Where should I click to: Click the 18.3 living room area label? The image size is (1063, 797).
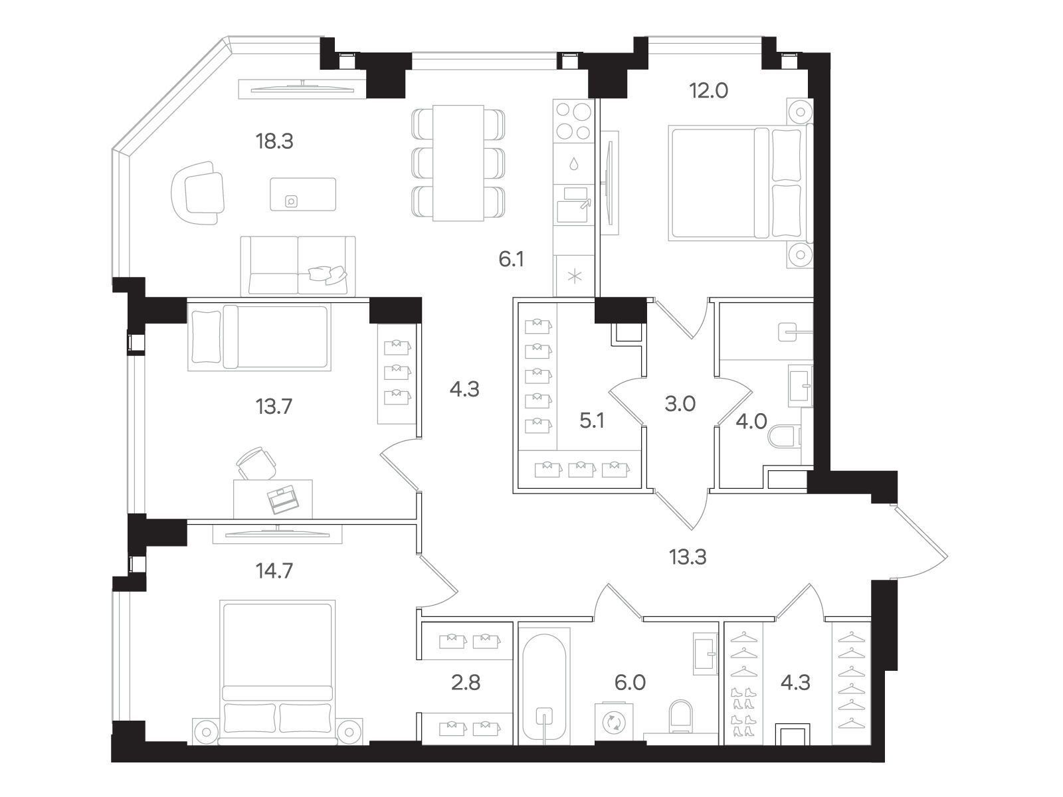point(274,141)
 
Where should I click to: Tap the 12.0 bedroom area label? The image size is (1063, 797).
point(708,90)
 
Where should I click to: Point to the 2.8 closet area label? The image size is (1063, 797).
point(466,682)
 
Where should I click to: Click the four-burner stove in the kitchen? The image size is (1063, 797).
point(573,121)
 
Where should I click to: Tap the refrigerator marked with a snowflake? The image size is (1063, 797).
point(575,276)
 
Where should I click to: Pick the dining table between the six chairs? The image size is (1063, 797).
point(458,163)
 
